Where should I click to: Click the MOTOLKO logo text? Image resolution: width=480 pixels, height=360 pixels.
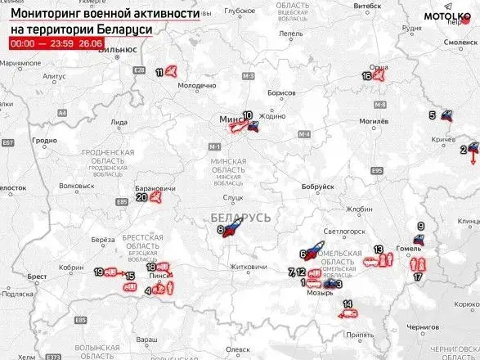pos(442,16)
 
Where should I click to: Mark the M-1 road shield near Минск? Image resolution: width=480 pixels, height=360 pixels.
pos(215,146)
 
